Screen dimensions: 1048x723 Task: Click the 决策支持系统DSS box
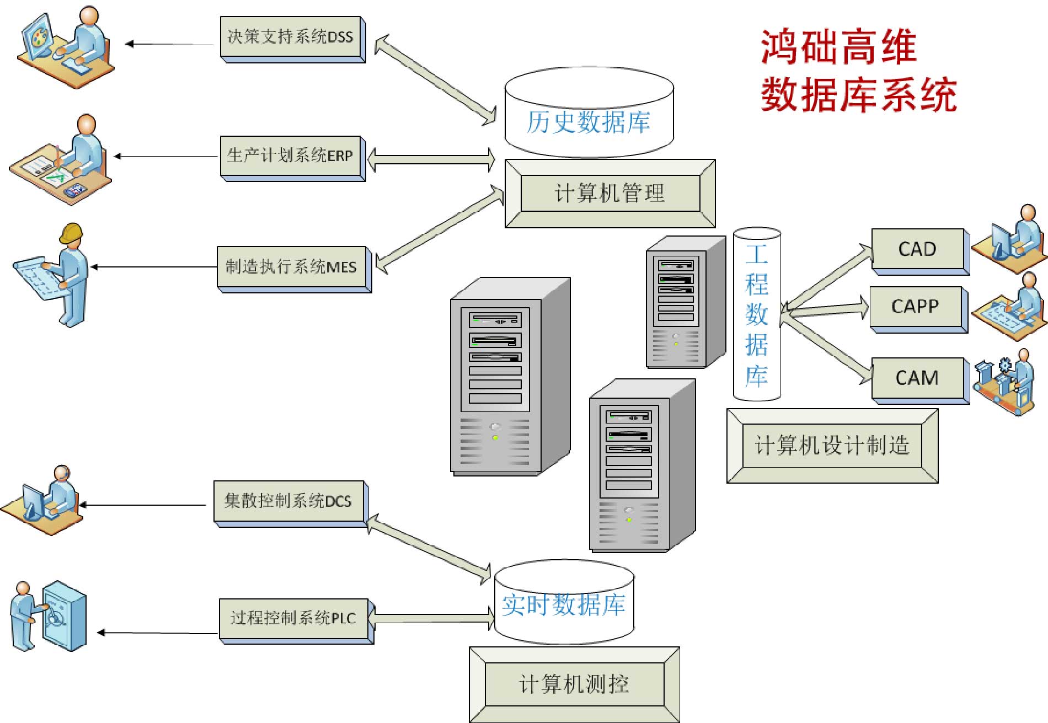293,39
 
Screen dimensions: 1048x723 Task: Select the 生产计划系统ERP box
293,158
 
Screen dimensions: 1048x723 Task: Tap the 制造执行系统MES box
295,269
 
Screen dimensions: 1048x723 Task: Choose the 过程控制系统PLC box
297,621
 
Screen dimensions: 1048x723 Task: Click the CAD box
921,251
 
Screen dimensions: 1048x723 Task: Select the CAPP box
919,309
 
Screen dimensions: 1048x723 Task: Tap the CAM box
921,381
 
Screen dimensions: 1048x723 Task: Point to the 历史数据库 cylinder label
589,122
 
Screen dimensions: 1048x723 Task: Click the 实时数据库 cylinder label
564,604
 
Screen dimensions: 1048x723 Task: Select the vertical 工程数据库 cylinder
757,314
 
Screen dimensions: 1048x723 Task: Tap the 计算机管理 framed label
610,194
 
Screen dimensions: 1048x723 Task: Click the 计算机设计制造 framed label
832,446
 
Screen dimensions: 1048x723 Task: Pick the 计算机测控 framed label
574,684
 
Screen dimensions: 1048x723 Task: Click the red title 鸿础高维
838,47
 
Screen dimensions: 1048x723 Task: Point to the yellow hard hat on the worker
71,233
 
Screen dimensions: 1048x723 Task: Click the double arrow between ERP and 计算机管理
431,159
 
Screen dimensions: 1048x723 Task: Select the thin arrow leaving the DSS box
169,44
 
